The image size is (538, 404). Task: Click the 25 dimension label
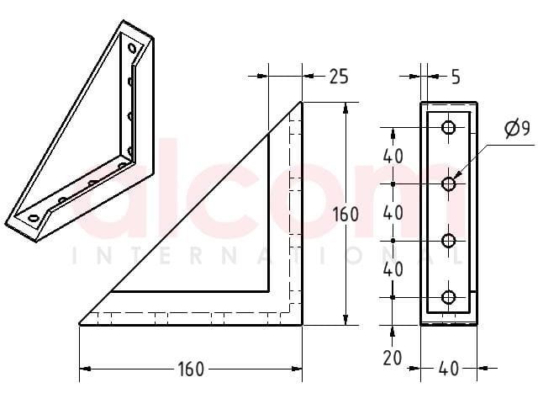coord(339,77)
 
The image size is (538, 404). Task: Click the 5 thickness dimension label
coord(456,77)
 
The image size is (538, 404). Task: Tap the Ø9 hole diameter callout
coord(518,129)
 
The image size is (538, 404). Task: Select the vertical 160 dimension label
coord(345,215)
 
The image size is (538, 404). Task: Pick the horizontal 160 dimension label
coord(191,369)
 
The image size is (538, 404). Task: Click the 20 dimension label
coord(393,359)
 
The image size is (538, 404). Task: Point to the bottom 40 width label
coord(448,369)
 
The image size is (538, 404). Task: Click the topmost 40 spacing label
coord(393,157)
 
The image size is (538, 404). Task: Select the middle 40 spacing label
coord(393,213)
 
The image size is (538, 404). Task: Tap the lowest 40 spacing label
coord(393,269)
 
